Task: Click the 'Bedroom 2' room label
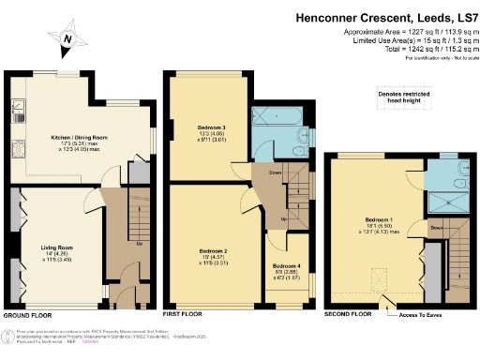[x=214, y=251]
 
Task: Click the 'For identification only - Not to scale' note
[x=436, y=57]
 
